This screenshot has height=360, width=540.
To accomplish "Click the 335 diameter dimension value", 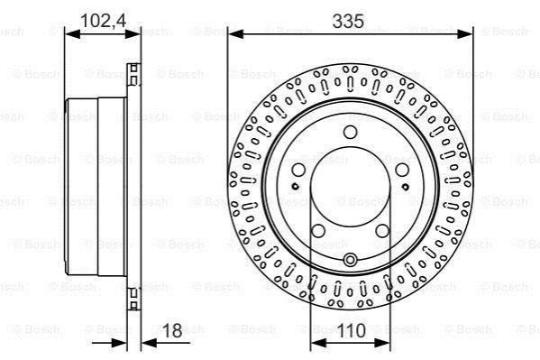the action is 348,22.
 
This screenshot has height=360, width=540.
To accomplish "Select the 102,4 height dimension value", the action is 103,21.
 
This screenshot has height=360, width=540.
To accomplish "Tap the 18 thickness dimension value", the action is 172,331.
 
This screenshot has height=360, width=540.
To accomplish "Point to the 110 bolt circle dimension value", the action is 352,331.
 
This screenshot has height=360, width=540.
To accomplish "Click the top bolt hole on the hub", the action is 351,132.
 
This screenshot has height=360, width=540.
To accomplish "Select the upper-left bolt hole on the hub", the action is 298,170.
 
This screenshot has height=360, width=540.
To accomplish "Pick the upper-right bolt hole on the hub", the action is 401,170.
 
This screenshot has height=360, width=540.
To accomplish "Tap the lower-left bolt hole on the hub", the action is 318,231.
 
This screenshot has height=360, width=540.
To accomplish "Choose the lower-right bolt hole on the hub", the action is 382,231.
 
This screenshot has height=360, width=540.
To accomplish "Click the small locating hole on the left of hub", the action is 295,187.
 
